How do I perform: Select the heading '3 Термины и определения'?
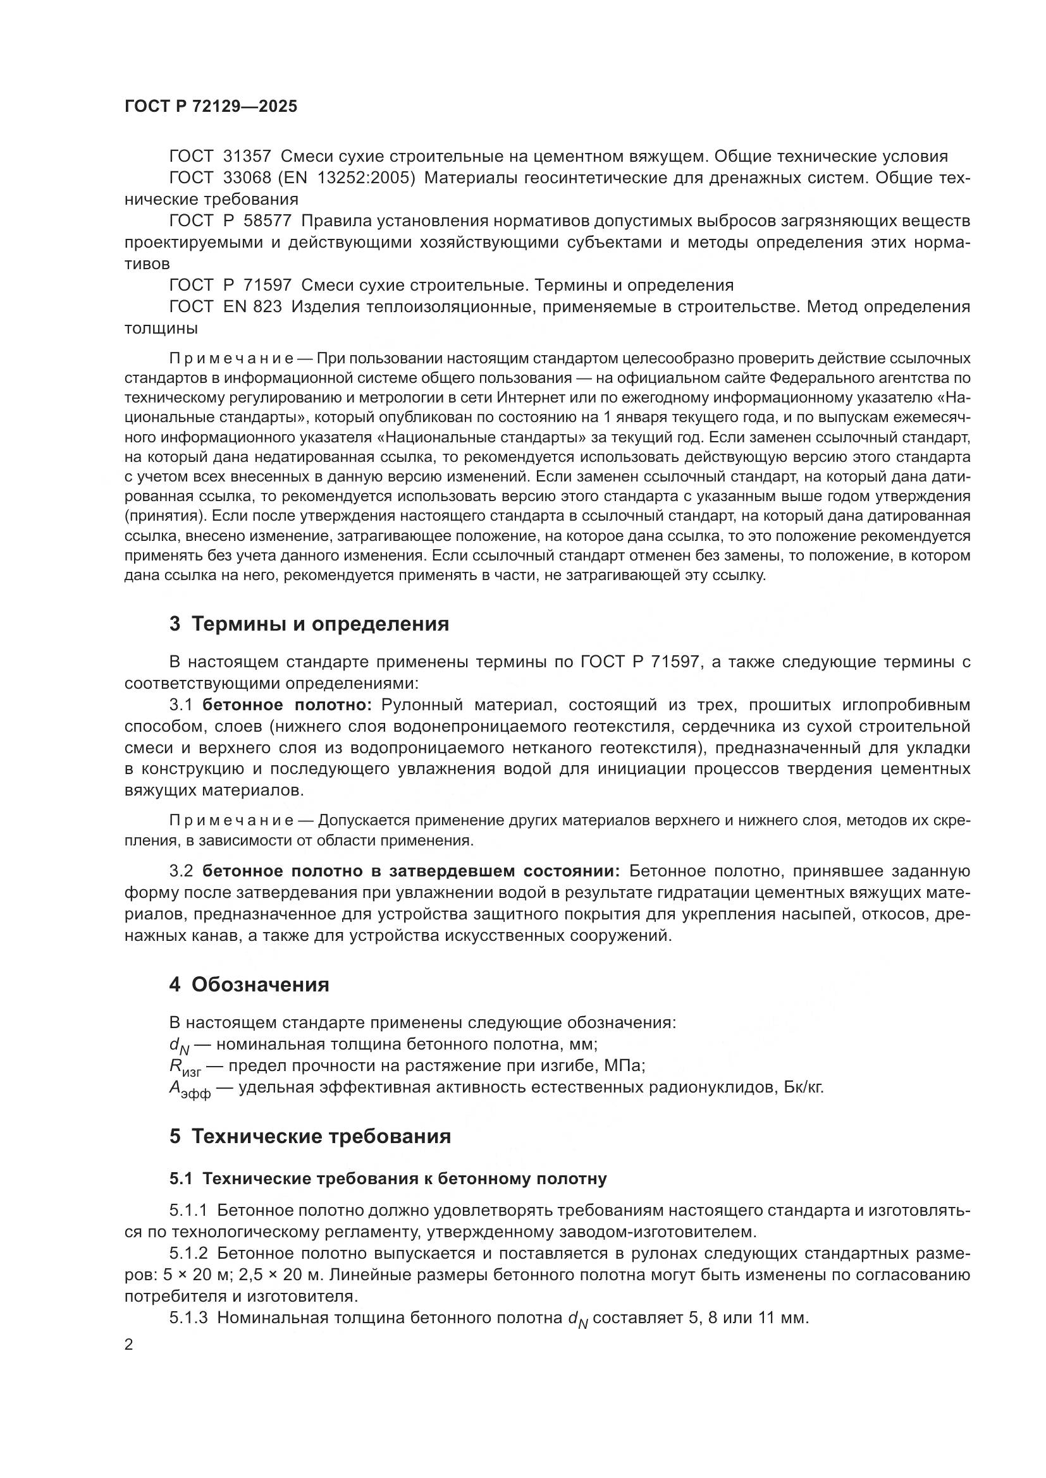(x=309, y=624)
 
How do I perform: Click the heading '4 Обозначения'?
(x=249, y=984)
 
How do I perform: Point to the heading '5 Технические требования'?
(x=310, y=1136)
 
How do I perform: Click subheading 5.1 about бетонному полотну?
(x=388, y=1178)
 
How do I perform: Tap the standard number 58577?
(x=268, y=221)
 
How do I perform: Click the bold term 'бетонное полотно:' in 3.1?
(x=287, y=705)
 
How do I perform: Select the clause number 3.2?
(x=181, y=871)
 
